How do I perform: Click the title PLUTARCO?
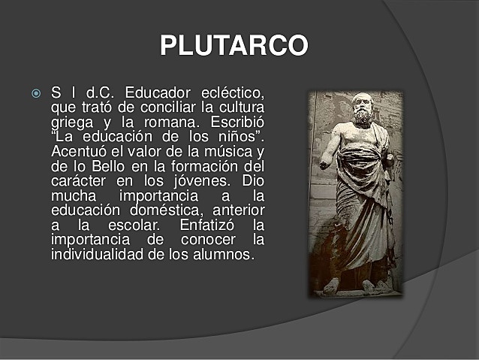pos(233,46)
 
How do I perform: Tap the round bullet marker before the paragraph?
pos(35,94)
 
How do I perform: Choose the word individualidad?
pos(98,254)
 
